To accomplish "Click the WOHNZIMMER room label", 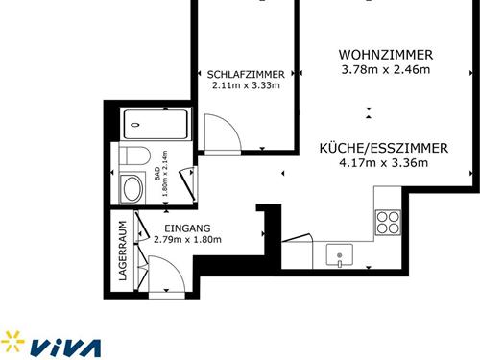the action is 386,55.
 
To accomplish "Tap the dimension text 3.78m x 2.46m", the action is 386,69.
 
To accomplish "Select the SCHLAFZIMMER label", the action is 246,75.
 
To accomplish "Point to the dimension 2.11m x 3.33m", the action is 246,85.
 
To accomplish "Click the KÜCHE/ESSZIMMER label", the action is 384,148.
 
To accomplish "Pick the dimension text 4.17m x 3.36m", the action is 384,163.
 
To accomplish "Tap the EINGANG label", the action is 187,228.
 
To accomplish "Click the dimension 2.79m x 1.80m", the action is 187,239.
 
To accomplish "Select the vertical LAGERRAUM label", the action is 123,251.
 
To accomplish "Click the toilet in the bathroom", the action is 134,156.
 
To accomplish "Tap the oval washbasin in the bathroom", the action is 132,189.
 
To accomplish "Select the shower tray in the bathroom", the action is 156,125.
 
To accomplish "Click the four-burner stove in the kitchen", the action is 388,223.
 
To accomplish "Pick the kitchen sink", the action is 340,254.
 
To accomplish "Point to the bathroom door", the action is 188,184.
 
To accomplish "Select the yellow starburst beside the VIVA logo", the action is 12,341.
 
